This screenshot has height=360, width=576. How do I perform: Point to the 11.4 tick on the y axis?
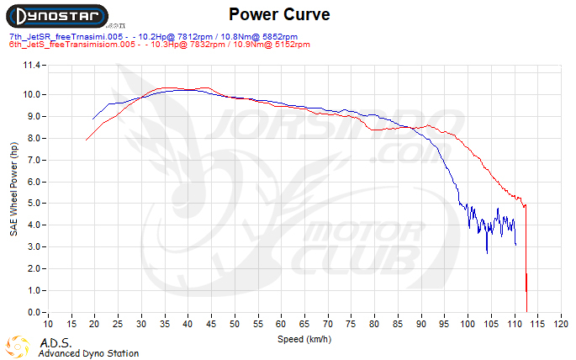coord(33,65)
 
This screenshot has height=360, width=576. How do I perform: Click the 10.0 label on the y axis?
coord(33,95)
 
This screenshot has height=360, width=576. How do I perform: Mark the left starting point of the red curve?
coord(86,140)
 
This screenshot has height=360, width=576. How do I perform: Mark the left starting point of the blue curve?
coord(93,119)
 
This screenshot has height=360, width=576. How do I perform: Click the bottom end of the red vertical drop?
coord(526,311)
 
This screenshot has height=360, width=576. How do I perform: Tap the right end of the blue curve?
coord(515,245)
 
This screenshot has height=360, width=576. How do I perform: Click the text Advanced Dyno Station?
coord(88,353)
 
